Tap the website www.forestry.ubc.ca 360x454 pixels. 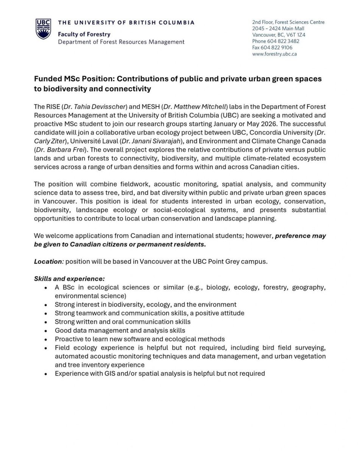(x=274, y=54)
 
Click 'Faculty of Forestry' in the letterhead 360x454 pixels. (x=84, y=34)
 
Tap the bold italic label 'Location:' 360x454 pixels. (x=48, y=261)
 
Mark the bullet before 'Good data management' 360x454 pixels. (x=45, y=331)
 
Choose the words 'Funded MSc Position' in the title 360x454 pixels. (x=73, y=79)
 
